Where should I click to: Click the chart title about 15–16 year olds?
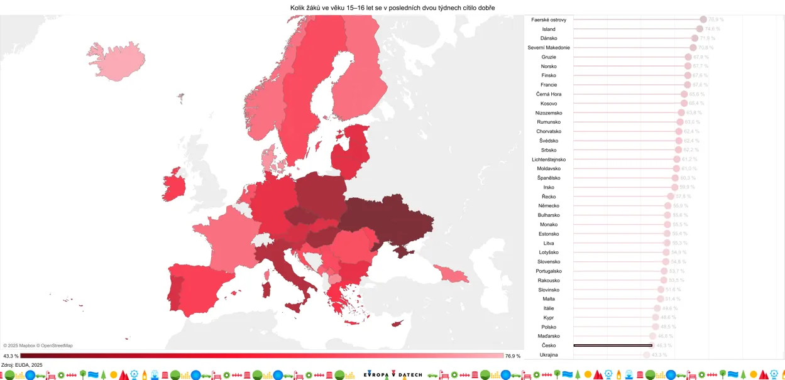pyautogui.click(x=392, y=8)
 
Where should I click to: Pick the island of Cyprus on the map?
pyautogui.click(x=397, y=323)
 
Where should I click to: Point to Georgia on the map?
pyautogui.click(x=451, y=273)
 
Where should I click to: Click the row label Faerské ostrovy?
pyautogui.click(x=549, y=20)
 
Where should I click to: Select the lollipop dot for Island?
pyautogui.click(x=700, y=29)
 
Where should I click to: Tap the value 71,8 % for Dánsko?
pyautogui.click(x=708, y=38)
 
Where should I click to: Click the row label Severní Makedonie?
pyautogui.click(x=549, y=48)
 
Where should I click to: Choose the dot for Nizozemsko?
pyautogui.click(x=681, y=113)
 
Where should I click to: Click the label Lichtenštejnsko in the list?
pyautogui.click(x=549, y=160)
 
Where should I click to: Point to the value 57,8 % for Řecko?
pyautogui.click(x=683, y=197)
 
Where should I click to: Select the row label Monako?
pyautogui.click(x=549, y=224)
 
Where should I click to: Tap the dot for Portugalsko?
pyautogui.click(x=664, y=271)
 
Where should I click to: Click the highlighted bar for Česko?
pyautogui.click(x=613, y=345)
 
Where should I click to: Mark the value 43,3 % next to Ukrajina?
pyautogui.click(x=659, y=355)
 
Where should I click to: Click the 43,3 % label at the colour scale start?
pyautogui.click(x=11, y=356)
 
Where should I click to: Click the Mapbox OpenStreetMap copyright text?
pyautogui.click(x=38, y=345)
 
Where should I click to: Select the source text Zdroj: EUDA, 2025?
pyautogui.click(x=22, y=365)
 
